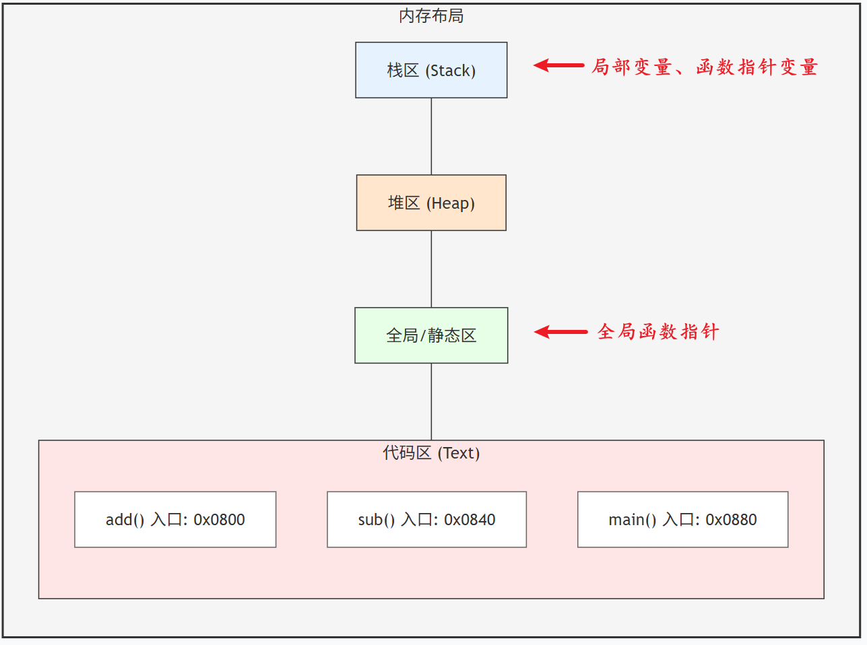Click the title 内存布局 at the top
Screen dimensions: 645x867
[431, 16]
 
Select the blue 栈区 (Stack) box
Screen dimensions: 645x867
[431, 70]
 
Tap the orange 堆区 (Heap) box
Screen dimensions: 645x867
[431, 203]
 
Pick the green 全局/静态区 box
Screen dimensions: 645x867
[431, 335]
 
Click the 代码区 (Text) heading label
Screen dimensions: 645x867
[431, 453]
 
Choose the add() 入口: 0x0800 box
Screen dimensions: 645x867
[175, 520]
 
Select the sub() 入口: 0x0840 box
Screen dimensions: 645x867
[426, 520]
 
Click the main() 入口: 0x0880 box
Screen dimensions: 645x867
[682, 520]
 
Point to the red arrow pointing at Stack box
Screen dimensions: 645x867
[558, 65]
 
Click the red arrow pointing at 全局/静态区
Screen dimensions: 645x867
[560, 332]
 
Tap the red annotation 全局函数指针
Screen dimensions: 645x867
[658, 332]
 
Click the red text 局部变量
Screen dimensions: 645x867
[631, 67]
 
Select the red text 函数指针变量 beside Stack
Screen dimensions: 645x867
[757, 67]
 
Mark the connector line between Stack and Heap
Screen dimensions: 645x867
[431, 136]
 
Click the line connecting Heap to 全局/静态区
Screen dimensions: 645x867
[431, 269]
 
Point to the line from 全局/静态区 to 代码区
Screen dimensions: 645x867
[431, 401]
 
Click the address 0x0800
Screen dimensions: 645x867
[219, 520]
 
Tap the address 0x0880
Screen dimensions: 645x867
[731, 520]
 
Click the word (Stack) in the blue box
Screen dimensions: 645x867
[451, 71]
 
